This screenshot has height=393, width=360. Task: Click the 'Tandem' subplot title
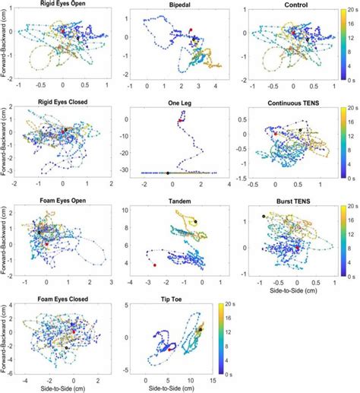(179, 201)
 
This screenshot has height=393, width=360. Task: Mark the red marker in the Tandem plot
(155, 265)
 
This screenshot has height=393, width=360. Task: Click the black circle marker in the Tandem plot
(195, 221)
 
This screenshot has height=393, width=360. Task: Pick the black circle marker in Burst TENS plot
(264, 217)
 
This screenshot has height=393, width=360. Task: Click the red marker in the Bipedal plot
(190, 29)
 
